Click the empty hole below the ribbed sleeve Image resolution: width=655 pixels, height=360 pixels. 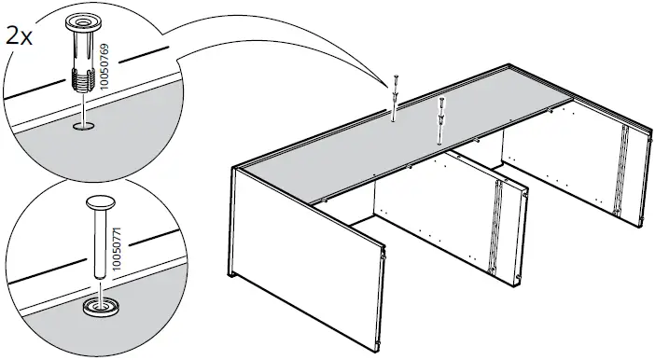[x=84, y=128]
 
